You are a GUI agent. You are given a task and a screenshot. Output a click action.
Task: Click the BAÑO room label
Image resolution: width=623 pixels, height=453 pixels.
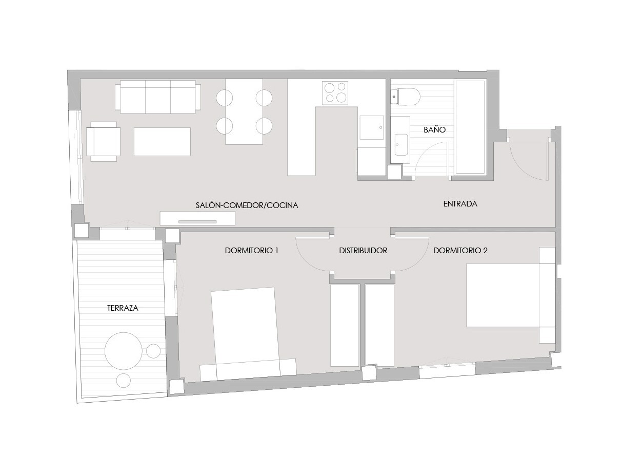(434, 129)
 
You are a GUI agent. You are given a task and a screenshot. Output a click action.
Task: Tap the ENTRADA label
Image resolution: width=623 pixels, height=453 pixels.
(460, 204)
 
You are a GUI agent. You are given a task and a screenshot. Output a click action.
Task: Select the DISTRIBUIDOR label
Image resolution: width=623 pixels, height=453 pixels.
(363, 251)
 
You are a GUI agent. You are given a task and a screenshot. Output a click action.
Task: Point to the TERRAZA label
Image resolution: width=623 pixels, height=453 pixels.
(123, 308)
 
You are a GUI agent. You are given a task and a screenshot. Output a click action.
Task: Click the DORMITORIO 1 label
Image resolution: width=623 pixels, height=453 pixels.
(251, 251)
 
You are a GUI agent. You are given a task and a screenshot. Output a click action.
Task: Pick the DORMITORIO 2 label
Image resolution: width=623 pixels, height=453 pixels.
(460, 251)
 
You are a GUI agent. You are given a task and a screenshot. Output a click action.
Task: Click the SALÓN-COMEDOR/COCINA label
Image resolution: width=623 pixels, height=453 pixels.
(247, 205)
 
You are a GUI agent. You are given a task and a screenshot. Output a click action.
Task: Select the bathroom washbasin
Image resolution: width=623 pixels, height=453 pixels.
(401, 145)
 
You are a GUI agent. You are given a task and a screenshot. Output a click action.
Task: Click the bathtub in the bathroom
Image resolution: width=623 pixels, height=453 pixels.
(471, 127)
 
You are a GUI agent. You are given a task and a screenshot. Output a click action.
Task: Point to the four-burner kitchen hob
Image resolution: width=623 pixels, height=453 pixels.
(335, 93)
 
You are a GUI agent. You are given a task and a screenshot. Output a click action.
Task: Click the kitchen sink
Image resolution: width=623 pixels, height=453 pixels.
(372, 127)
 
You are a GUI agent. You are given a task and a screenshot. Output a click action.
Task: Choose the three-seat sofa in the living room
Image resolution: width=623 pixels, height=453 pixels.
(158, 97)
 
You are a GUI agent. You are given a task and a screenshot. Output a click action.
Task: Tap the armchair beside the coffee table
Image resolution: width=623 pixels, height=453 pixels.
(103, 142)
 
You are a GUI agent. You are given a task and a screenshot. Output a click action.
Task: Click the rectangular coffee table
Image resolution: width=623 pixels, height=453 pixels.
(162, 142)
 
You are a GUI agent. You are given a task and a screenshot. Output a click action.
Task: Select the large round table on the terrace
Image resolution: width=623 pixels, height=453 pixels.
(124, 351)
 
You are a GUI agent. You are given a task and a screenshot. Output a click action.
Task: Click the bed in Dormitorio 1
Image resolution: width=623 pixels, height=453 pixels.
(248, 334)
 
